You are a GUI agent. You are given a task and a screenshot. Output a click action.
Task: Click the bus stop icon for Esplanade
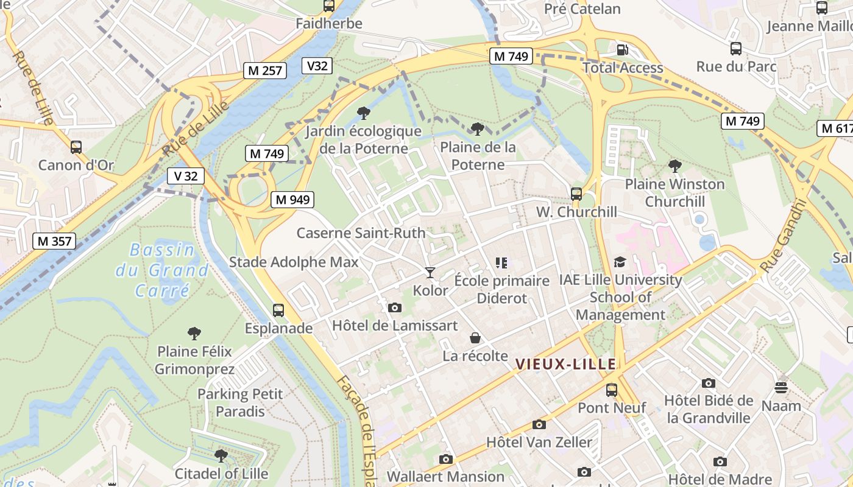[278, 310]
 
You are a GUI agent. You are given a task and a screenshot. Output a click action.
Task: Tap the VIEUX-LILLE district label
[565, 364]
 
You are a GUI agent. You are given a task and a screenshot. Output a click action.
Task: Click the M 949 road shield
[293, 199]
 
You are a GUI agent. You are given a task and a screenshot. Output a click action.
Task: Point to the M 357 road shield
[55, 241]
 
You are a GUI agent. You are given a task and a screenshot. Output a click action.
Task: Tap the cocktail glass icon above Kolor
[430, 272]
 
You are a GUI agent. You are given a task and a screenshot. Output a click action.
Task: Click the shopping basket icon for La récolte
[475, 338]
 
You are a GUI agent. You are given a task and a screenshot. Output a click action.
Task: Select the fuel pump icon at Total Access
[622, 50]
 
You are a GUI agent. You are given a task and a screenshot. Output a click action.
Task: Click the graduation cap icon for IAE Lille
[620, 262]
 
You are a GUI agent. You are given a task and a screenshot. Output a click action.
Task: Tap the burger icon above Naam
[781, 387]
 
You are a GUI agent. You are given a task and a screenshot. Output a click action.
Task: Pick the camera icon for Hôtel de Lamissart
[395, 307]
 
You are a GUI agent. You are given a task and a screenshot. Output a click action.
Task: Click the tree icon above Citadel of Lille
[221, 455]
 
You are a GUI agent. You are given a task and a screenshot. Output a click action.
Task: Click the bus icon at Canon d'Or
[76, 147]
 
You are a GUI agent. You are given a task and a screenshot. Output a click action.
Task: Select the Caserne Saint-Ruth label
[361, 233]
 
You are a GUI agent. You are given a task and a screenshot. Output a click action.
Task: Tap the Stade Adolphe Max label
[294, 262]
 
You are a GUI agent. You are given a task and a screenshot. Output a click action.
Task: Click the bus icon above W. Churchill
[576, 194]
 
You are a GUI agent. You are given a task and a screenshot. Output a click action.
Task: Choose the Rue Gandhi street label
[784, 236]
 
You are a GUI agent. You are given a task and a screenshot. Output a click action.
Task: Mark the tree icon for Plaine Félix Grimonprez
[194, 333]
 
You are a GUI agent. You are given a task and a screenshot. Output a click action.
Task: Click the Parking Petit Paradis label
[240, 402]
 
